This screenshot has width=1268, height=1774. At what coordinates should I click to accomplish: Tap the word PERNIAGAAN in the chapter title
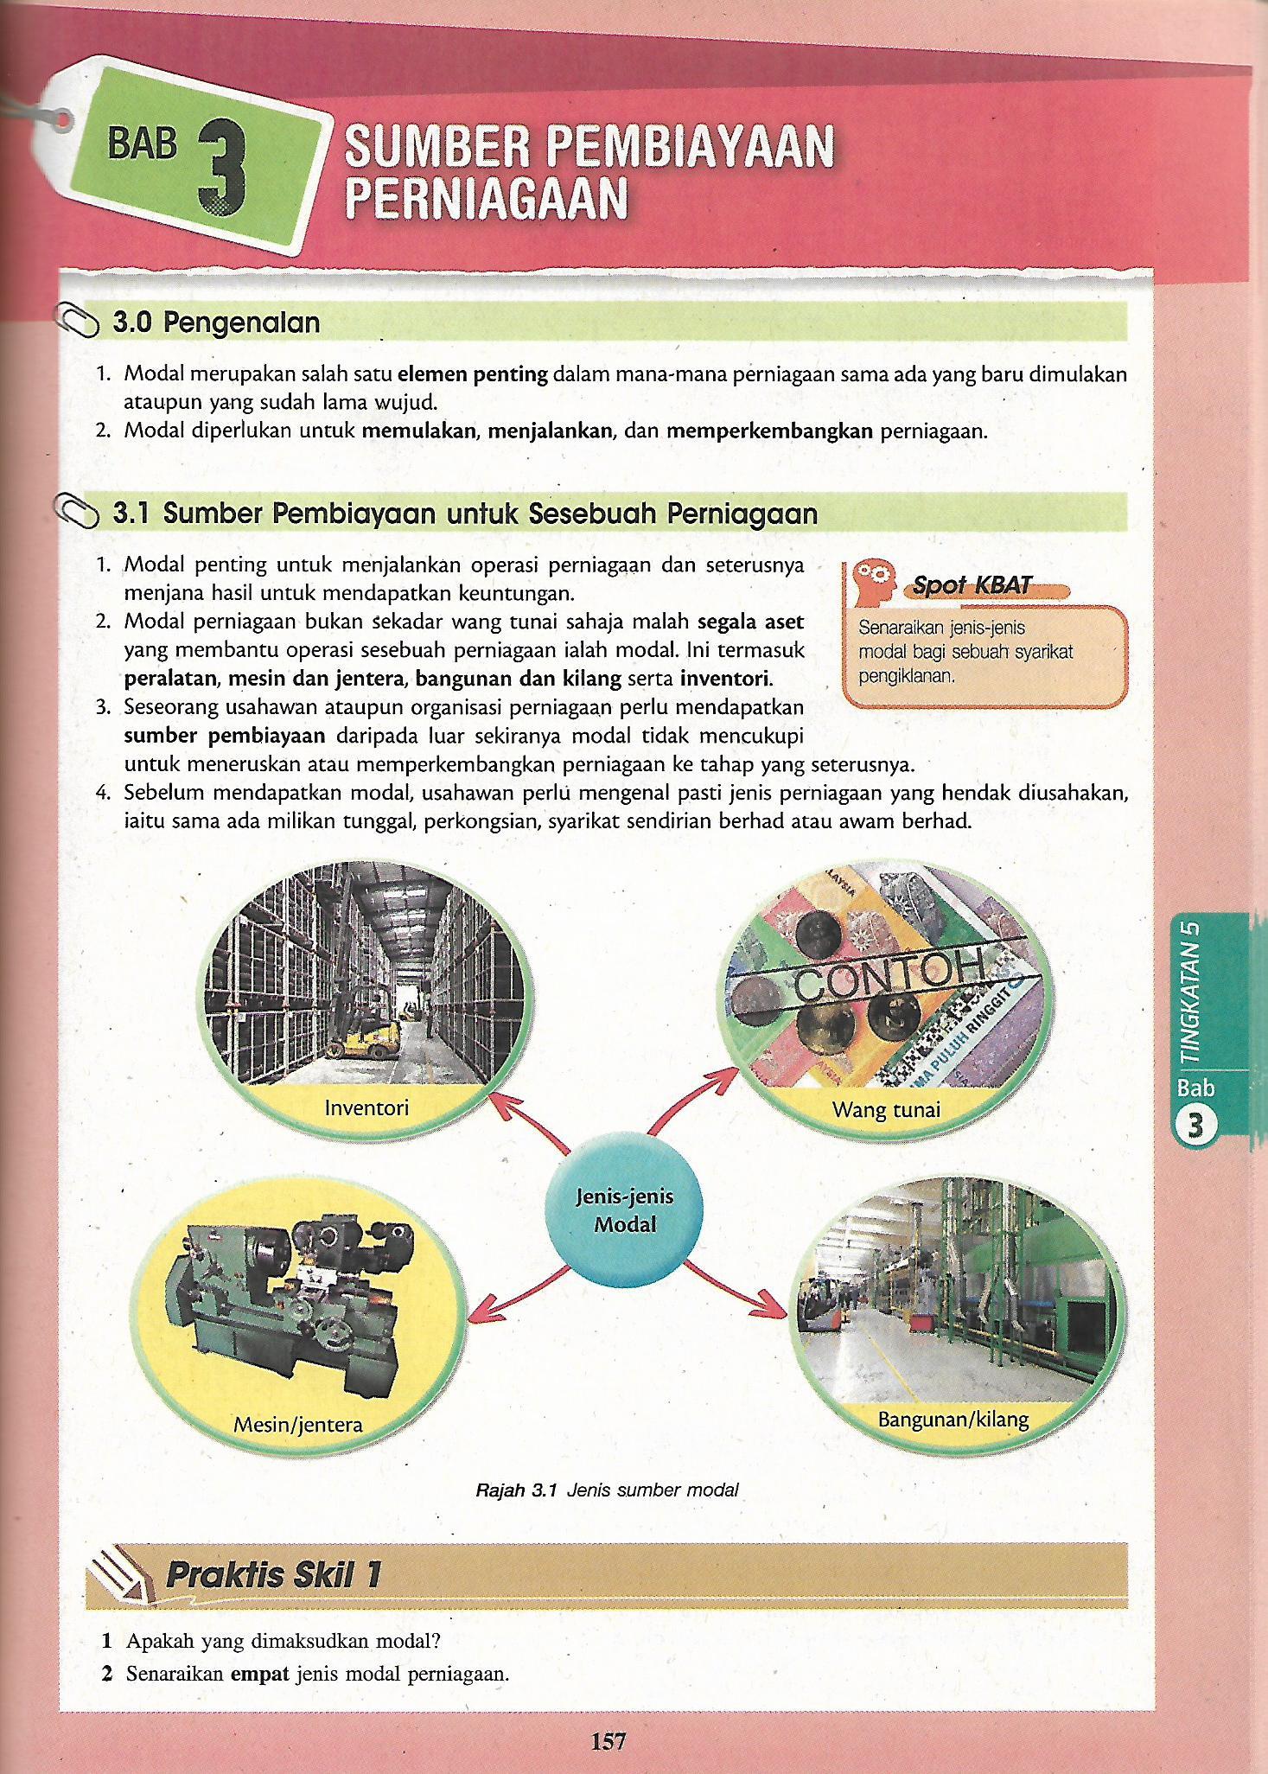(485, 198)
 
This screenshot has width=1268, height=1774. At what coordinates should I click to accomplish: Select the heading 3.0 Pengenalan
(216, 323)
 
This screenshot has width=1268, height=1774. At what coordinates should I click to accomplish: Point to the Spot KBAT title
(973, 585)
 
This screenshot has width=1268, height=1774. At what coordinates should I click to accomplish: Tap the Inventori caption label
(366, 1107)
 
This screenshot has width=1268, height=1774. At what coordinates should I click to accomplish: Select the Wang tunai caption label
(885, 1109)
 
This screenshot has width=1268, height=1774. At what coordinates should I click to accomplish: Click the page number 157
(608, 1740)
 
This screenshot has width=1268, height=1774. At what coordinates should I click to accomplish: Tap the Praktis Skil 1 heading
(272, 1575)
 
